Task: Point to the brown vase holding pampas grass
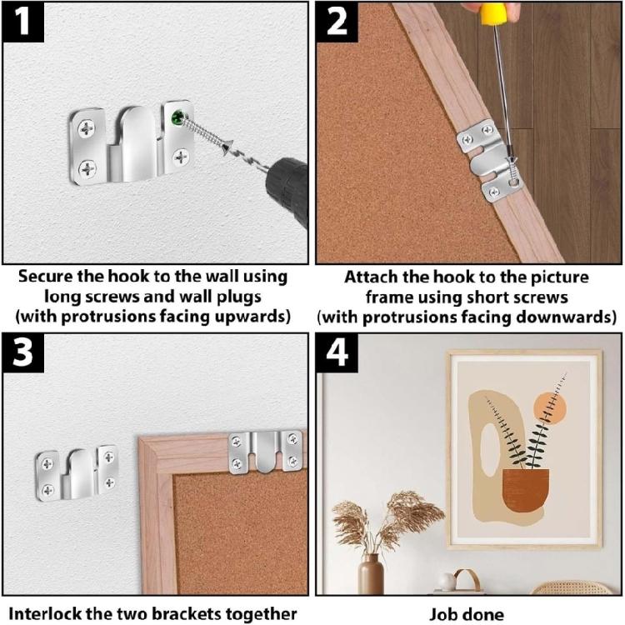(372, 574)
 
